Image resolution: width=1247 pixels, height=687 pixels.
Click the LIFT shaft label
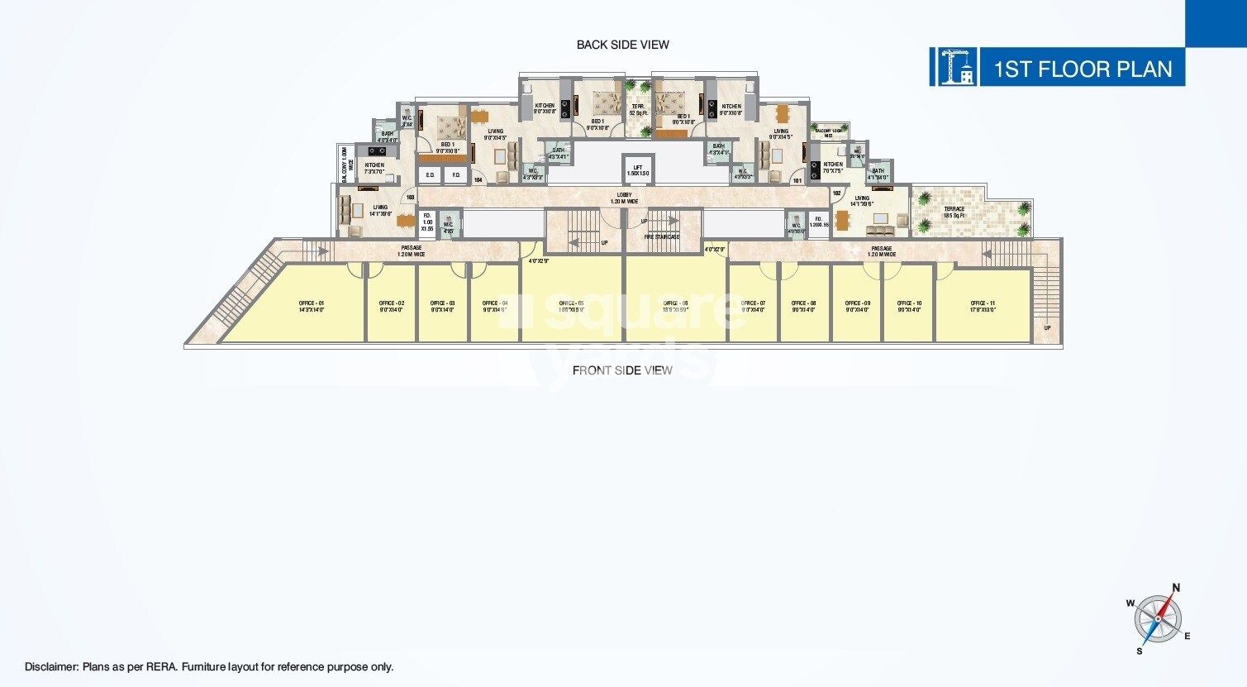pos(637,170)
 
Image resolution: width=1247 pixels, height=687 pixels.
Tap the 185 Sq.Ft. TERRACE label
pos(954,212)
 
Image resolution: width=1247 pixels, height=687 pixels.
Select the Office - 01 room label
pos(312,306)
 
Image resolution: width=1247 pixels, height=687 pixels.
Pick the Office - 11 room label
pos(983,306)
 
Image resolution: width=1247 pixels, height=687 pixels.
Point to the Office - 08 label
pos(803,306)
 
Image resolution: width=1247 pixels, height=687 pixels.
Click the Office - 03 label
pos(442,306)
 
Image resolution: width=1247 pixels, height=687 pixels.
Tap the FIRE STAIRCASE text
pos(661,237)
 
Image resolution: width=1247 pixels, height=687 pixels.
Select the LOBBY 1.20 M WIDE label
pos(624,198)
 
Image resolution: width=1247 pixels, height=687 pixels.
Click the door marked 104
pos(478,179)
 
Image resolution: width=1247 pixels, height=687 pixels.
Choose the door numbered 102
pos(836,193)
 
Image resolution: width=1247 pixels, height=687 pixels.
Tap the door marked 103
pos(410,198)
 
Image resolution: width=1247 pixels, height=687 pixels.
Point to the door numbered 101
pos(797,180)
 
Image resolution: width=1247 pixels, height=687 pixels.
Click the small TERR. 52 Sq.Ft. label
pos(638,109)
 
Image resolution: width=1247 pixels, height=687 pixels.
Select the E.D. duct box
pos(430,175)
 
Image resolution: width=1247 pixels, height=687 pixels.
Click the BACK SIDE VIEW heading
pos(622,45)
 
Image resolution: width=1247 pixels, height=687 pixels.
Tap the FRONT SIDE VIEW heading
pos(622,370)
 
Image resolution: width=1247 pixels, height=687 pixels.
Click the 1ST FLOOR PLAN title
pos(1082,69)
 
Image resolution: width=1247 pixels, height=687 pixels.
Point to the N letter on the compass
pos(1176,588)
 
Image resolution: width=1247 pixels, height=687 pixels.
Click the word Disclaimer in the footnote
pos(51,667)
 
